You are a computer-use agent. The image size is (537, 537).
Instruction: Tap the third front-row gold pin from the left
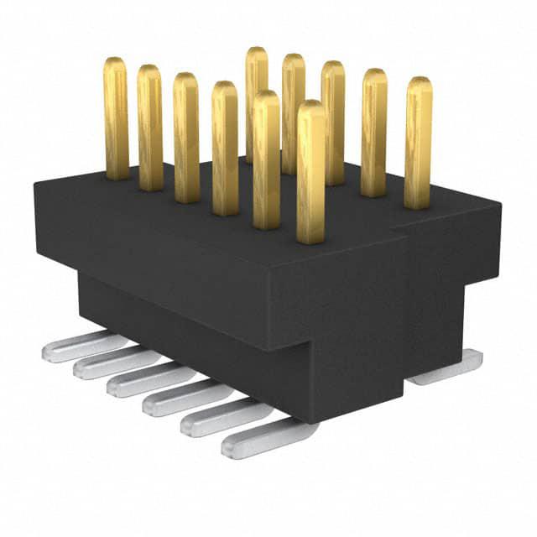186,138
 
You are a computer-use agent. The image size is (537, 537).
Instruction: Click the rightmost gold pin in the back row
417,143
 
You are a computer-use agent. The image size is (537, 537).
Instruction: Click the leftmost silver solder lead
76,347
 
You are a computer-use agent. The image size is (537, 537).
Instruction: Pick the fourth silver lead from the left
176,399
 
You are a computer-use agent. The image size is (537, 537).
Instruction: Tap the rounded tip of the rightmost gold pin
418,83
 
